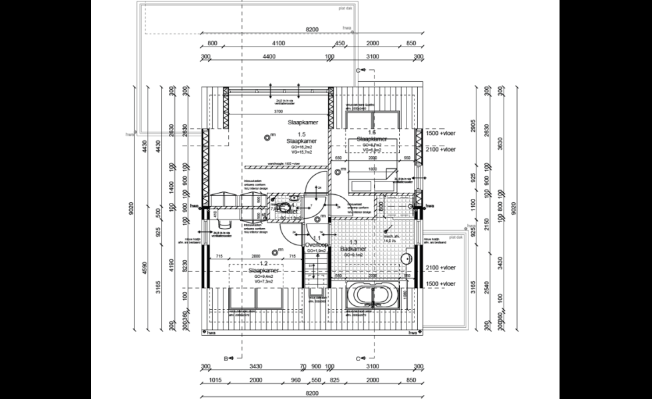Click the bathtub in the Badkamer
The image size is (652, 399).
[x=373, y=295]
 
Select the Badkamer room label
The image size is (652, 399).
[x=351, y=248]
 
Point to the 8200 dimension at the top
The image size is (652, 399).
[x=313, y=30]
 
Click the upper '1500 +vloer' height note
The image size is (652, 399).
[x=440, y=132]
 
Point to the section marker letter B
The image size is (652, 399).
[x=226, y=359]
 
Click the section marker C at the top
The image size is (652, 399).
[x=358, y=69]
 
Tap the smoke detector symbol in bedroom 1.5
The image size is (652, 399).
[x=267, y=137]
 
